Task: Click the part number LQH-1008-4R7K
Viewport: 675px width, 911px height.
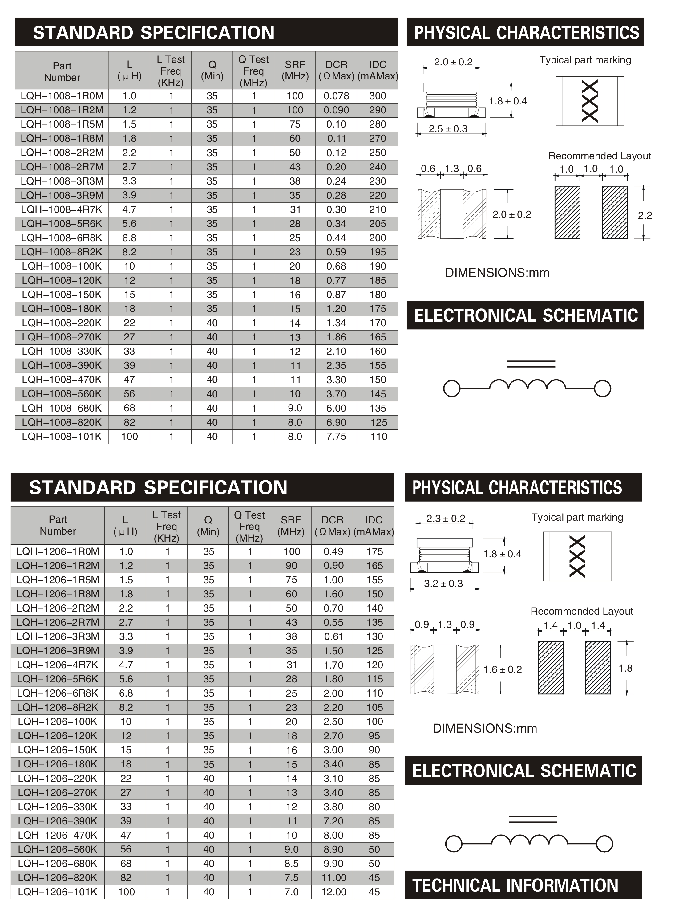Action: pyautogui.click(x=62, y=210)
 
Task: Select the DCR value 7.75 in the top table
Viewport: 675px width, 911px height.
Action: pyautogui.click(x=336, y=437)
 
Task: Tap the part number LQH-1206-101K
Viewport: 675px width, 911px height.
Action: pyautogui.click(x=58, y=892)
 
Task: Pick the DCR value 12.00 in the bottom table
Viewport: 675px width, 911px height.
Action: pyautogui.click(x=333, y=892)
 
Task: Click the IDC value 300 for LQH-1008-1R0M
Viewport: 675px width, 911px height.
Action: pyautogui.click(x=378, y=96)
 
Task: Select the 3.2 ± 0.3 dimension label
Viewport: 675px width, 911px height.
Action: pyautogui.click(x=443, y=583)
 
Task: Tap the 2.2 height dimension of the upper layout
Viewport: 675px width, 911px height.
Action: pyautogui.click(x=645, y=215)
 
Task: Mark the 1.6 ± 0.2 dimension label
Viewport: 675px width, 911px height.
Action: pyautogui.click(x=503, y=669)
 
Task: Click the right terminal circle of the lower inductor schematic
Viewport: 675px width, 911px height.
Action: pyautogui.click(x=604, y=844)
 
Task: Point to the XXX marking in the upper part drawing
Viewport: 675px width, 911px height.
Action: pyautogui.click(x=590, y=101)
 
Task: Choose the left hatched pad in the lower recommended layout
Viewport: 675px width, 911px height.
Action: pyautogui.click(x=550, y=668)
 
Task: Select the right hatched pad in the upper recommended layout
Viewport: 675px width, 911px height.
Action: pyautogui.click(x=615, y=213)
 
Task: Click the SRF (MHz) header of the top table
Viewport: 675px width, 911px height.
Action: pyautogui.click(x=295, y=70)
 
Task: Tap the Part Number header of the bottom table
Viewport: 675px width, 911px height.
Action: pyautogui.click(x=58, y=525)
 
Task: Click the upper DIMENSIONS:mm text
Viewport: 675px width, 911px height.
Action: pyautogui.click(x=497, y=273)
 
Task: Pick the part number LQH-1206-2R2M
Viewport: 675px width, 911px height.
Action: pyautogui.click(x=58, y=608)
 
